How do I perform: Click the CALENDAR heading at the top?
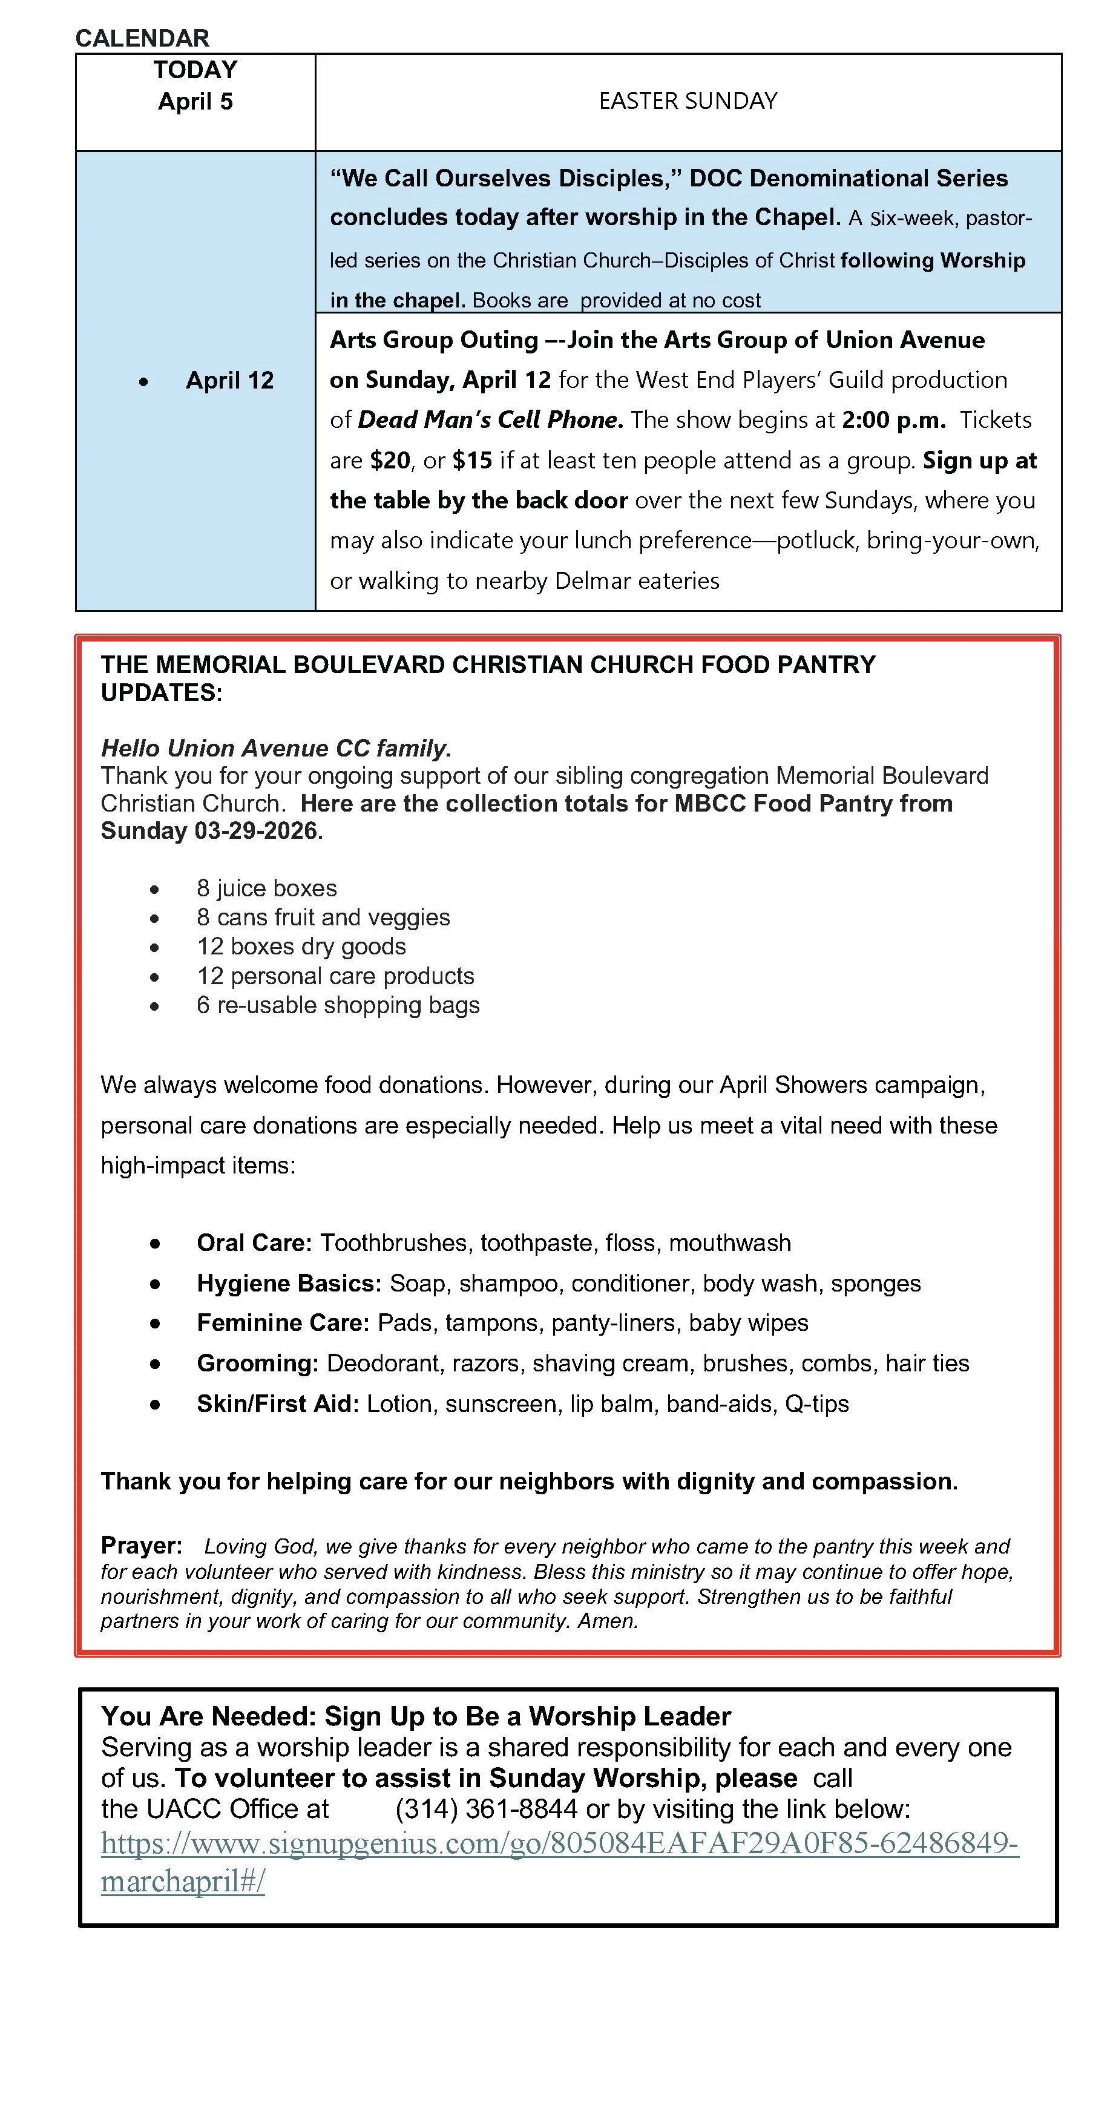pos(142,38)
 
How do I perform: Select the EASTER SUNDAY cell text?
pos(687,101)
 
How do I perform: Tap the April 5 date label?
pos(195,102)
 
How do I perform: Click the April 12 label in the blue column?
pos(229,381)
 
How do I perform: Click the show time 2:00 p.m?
pos(893,420)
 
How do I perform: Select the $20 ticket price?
pos(390,460)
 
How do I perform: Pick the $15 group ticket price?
pos(472,460)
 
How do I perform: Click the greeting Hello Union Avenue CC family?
pos(276,748)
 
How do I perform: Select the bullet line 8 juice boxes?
pos(266,888)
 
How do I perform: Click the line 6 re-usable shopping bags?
pos(338,1005)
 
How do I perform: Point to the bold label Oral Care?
pos(253,1242)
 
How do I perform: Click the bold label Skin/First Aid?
pos(277,1403)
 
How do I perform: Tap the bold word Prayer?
pos(140,1546)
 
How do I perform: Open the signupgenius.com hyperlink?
pos(559,1843)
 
